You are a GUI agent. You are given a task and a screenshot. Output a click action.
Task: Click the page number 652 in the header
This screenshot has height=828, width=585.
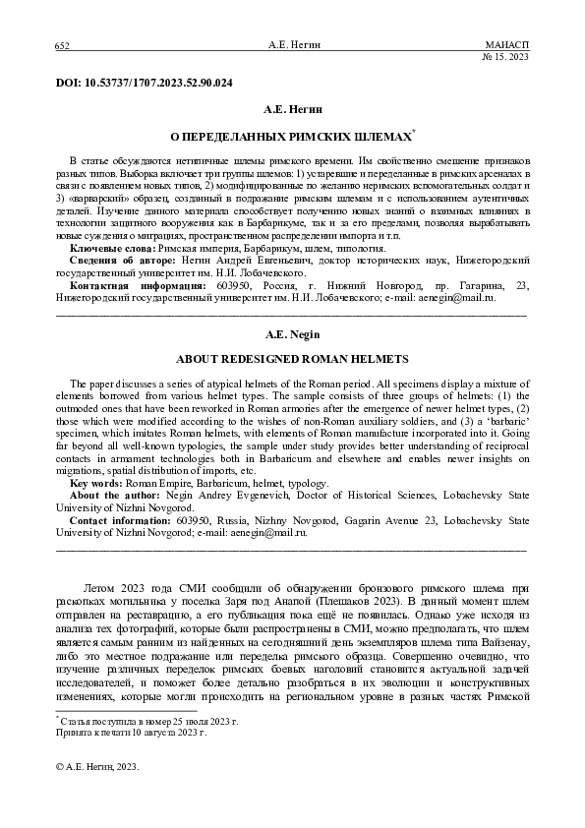pos(61,46)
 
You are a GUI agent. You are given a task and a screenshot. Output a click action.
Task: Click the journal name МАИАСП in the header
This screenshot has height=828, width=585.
pos(507,46)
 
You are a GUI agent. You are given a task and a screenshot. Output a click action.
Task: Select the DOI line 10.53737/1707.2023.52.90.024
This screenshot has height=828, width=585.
pos(145,83)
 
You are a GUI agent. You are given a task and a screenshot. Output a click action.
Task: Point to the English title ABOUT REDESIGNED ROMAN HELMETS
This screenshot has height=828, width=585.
pos(291,359)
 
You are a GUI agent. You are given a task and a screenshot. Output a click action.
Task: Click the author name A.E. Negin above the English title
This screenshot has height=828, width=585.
pos(292,334)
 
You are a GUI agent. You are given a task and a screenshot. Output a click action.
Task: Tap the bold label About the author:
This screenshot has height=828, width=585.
pos(111,497)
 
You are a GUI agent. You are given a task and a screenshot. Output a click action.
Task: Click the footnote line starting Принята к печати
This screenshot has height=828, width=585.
pos(131,733)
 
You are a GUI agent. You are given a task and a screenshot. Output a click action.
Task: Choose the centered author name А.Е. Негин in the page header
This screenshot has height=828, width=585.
pos(292,46)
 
